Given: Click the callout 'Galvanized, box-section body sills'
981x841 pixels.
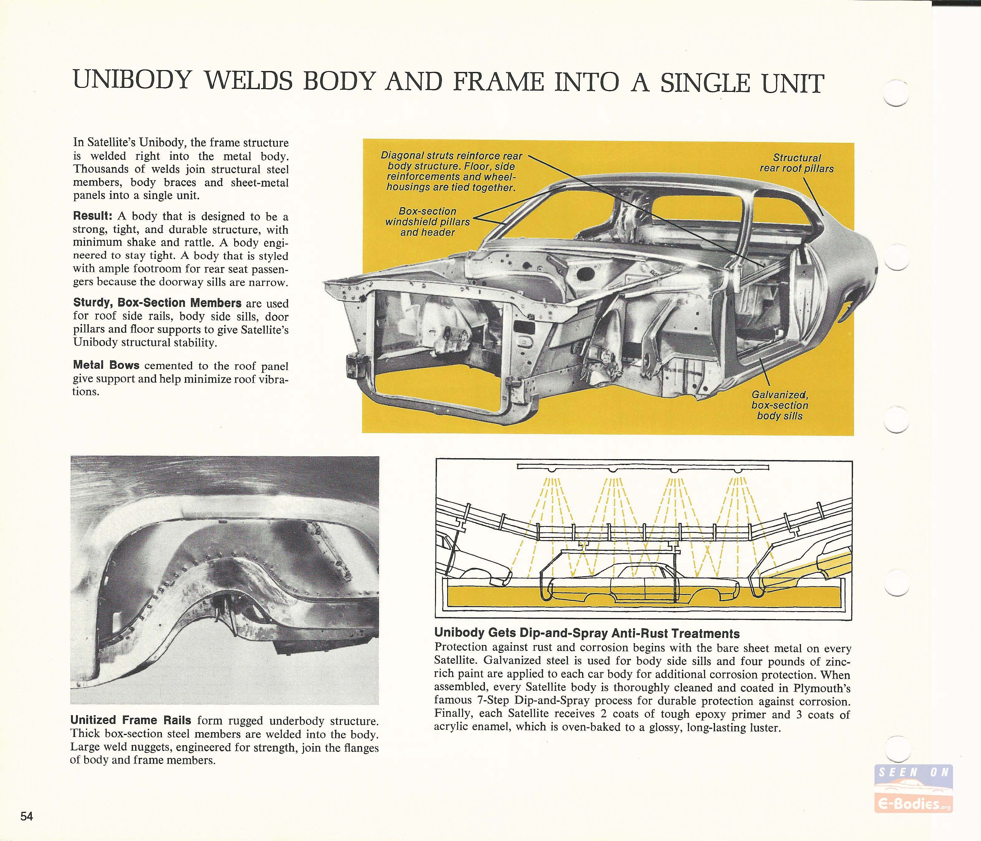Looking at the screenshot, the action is (779, 405).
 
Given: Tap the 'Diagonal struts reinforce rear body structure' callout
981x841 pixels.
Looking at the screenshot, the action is (451, 171).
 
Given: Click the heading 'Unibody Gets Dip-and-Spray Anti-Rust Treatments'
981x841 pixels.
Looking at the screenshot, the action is (587, 633).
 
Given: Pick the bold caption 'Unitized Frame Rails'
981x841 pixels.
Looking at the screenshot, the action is (131, 720).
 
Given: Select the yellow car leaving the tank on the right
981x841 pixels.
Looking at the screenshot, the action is (805, 568).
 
